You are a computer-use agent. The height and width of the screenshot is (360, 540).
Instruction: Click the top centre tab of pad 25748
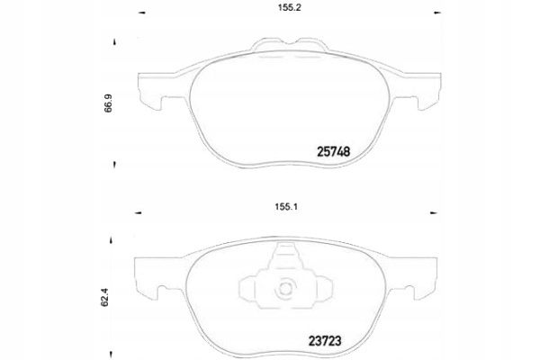(x=287, y=45)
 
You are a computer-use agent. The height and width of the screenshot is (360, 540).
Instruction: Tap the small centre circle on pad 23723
(x=287, y=290)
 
